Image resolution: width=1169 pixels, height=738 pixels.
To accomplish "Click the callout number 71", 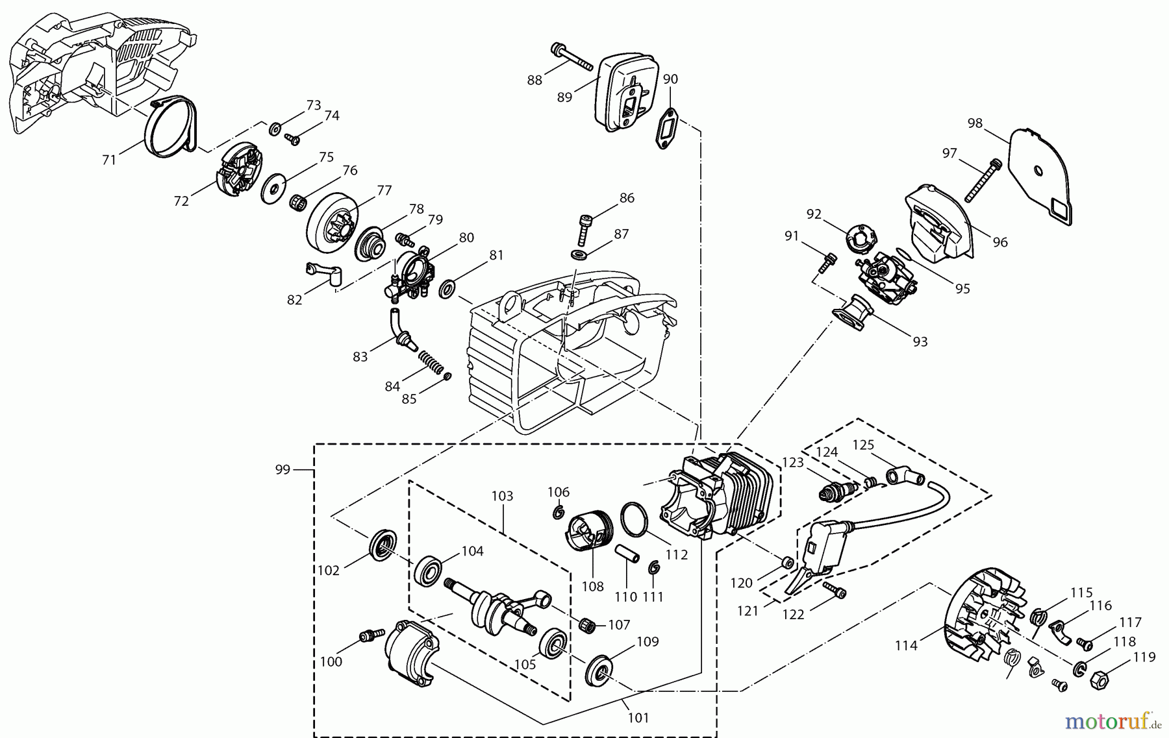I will pos(108,159).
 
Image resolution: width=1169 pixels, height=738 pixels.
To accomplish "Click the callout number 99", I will pos(283,469).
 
